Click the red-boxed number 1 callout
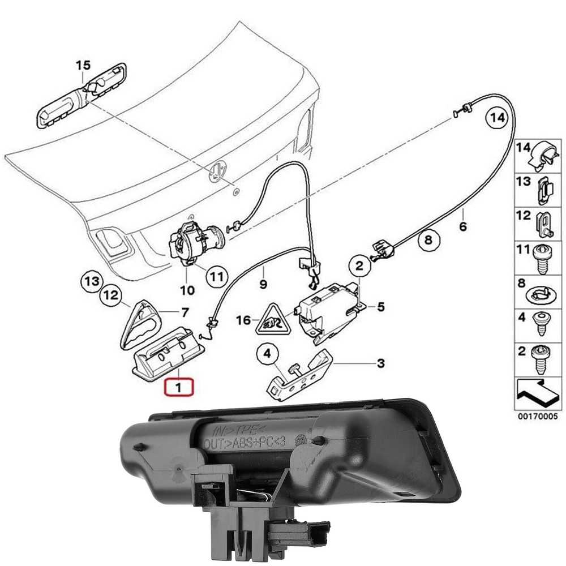(178, 389)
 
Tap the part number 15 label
(83, 66)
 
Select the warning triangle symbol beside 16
(272, 320)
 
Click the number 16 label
(243, 321)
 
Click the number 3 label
(381, 363)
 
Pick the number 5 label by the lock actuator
(380, 307)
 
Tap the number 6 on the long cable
(462, 228)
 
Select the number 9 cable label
(263, 283)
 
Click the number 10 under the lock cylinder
(187, 290)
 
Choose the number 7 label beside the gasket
(184, 312)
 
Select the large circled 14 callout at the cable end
(496, 118)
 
